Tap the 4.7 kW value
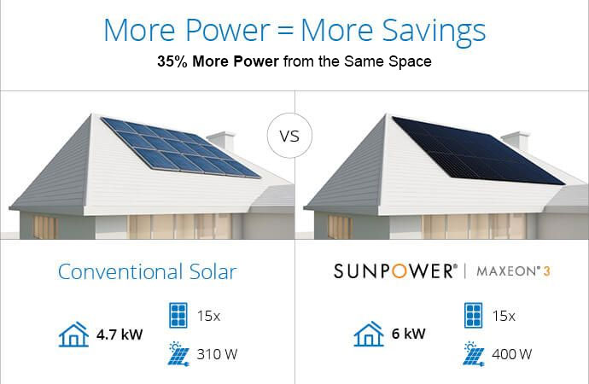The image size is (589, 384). (120, 335)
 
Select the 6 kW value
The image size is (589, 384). (408, 334)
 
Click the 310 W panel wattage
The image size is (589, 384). (217, 354)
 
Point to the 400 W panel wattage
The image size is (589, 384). (512, 354)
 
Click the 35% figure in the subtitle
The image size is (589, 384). (172, 61)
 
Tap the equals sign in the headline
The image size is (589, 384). (285, 31)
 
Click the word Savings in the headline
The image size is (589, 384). (434, 32)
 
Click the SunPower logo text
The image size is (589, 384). (395, 271)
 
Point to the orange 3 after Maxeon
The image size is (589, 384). (547, 271)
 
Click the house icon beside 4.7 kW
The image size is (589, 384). (73, 334)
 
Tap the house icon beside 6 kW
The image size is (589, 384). (369, 334)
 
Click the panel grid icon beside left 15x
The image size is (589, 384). (178, 316)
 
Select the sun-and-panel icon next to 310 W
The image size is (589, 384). (178, 353)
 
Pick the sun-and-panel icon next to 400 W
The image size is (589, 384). (474, 353)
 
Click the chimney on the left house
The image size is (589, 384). (222, 142)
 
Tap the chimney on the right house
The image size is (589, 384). (516, 142)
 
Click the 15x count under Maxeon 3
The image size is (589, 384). (504, 316)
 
